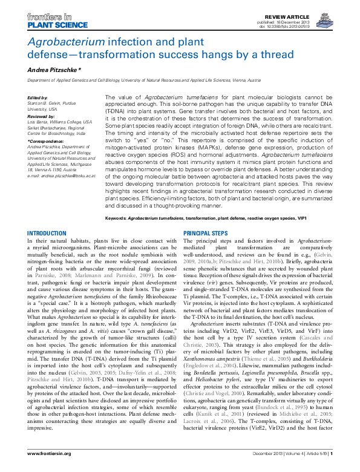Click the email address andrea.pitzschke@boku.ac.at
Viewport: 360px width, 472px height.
tap(66, 175)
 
